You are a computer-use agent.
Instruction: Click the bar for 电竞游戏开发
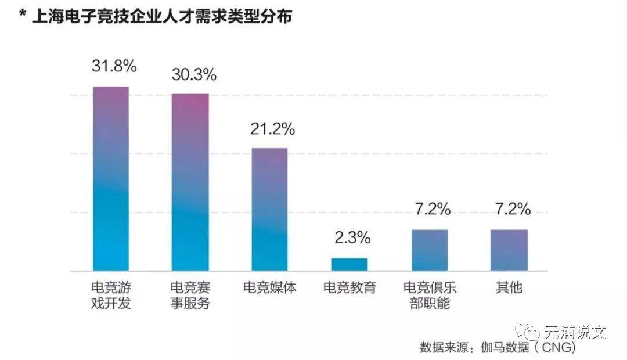coord(111,179)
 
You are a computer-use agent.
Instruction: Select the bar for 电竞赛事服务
coord(190,182)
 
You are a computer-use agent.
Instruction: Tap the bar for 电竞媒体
coord(269,209)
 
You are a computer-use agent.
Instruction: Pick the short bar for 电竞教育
coord(349,264)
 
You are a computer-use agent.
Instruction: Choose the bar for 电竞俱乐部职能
coord(430,250)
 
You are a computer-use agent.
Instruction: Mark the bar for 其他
coord(509,250)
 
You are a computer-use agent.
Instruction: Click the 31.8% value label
coord(114,66)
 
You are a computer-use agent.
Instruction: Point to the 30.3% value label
coord(194,75)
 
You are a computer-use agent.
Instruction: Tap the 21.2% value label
coord(273,129)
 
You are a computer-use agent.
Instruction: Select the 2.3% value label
coord(352,237)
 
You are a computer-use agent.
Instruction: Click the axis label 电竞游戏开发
coord(111,296)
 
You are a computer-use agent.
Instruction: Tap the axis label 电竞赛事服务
coord(190,296)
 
